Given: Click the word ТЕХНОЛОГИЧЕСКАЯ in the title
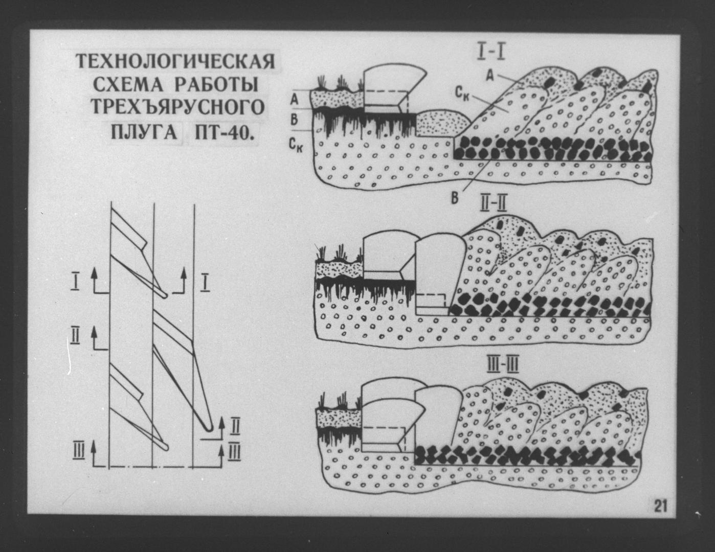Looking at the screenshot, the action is pyautogui.click(x=175, y=61).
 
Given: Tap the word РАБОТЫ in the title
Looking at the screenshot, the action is pyautogui.click(x=215, y=85).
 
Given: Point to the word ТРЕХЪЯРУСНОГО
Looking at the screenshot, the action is pyautogui.click(x=177, y=108).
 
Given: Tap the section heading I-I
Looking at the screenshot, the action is pyautogui.click(x=491, y=52).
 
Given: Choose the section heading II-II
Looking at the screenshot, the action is pyautogui.click(x=493, y=204).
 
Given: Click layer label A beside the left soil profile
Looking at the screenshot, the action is pyautogui.click(x=294, y=99).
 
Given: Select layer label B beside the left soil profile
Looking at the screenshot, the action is pyautogui.click(x=294, y=120).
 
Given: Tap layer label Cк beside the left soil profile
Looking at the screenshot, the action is pyautogui.click(x=297, y=144).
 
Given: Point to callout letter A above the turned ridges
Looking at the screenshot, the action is pyautogui.click(x=490, y=75).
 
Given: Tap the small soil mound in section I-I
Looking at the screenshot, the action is pyautogui.click(x=442, y=123).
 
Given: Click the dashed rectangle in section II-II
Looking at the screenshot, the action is pyautogui.click(x=431, y=294).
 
